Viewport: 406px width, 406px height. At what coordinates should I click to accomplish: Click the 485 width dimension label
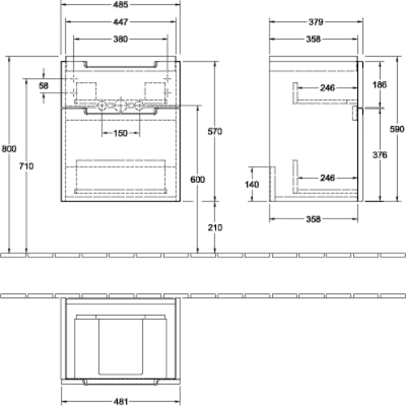(120, 5)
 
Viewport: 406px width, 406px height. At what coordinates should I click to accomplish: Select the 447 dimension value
(120, 22)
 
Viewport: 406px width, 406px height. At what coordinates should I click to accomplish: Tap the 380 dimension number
(120, 39)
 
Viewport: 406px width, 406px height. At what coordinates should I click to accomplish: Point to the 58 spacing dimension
(44, 86)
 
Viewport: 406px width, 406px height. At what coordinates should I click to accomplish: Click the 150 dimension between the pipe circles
(120, 133)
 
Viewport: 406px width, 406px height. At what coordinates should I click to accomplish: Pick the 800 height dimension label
(9, 149)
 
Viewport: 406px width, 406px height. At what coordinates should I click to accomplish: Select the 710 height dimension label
(26, 166)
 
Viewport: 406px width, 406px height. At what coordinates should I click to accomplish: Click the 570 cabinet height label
(215, 132)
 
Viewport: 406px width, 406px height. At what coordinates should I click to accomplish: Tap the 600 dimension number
(197, 179)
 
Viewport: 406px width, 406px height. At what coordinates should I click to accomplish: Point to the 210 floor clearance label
(215, 227)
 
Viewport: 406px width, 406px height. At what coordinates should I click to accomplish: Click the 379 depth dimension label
(316, 22)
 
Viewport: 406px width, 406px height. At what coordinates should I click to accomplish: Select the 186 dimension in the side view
(379, 84)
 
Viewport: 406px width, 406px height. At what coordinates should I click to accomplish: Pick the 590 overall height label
(397, 129)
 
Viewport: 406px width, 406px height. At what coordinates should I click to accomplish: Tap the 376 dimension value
(380, 155)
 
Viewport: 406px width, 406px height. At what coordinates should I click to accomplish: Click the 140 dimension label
(252, 184)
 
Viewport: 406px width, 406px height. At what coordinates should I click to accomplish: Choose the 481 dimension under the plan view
(120, 401)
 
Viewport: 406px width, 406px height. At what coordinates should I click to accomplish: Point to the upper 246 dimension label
(327, 88)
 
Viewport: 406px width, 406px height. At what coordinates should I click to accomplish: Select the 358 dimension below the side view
(313, 219)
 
